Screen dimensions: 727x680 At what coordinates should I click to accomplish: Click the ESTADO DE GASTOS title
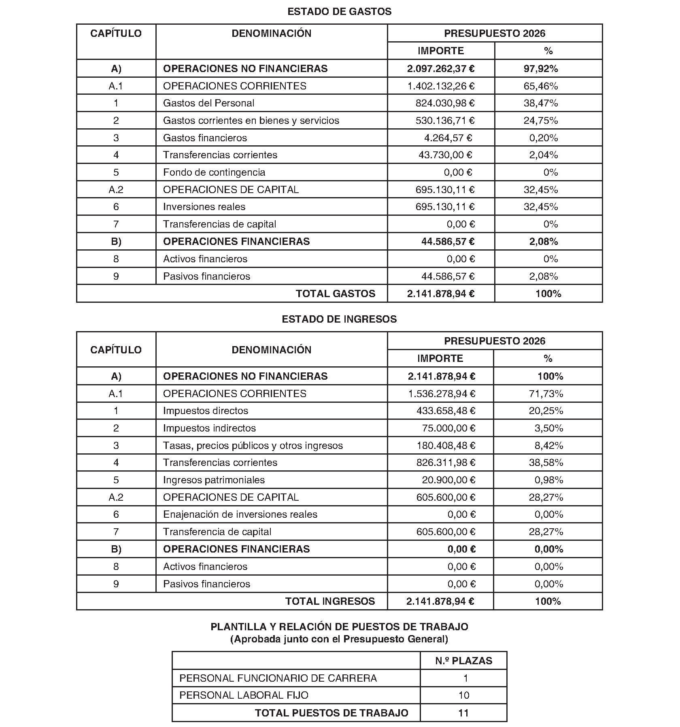pos(339,12)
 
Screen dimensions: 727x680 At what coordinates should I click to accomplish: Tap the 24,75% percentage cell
pos(540,121)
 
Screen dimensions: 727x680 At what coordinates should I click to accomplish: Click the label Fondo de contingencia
pos(214,172)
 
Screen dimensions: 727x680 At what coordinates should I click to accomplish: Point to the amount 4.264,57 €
pos(448,138)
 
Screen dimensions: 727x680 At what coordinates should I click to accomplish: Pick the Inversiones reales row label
pos(204,207)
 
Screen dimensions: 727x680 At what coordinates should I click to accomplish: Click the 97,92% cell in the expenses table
pos(540,69)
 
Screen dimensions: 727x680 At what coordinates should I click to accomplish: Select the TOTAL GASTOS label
pos(336,294)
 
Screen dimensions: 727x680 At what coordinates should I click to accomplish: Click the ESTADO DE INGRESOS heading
pos(339,319)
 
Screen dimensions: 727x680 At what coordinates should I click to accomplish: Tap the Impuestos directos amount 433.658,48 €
pos(446,411)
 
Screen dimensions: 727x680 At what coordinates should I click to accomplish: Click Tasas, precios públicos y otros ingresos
pos(253,446)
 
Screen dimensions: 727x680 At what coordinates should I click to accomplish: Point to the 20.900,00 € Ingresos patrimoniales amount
pos(448,480)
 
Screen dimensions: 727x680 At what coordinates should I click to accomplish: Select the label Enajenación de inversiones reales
pos(240,514)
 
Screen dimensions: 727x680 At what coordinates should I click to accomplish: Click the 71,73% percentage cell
pos(546,394)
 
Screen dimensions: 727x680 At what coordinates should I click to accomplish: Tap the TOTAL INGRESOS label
pos(330,602)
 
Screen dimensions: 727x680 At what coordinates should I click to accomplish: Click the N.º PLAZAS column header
pos(463,661)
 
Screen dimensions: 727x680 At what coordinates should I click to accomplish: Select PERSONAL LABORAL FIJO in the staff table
pos(244,695)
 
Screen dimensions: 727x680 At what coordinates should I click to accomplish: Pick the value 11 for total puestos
pos(463,713)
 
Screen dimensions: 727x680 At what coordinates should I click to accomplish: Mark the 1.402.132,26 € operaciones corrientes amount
pos(441,86)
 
